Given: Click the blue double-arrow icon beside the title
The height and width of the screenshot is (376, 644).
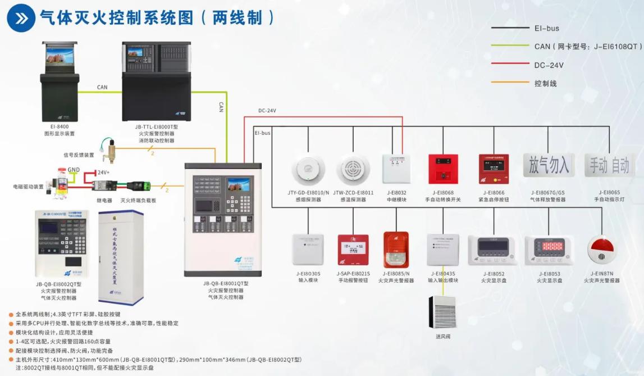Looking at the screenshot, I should click(x=21, y=17).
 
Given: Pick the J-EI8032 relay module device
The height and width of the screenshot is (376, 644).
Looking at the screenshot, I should click(x=396, y=169).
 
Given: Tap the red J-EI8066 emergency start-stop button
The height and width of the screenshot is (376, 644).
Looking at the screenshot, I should click(x=494, y=169).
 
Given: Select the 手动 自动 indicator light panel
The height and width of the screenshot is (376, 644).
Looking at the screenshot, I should click(x=609, y=165).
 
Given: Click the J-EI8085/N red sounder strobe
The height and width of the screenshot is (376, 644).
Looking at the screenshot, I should click(x=395, y=250).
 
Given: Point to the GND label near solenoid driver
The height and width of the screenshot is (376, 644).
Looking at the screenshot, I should click(x=74, y=169).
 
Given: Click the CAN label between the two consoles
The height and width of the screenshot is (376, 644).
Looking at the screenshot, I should click(x=102, y=87).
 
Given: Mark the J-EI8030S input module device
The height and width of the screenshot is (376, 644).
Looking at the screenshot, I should click(x=308, y=250).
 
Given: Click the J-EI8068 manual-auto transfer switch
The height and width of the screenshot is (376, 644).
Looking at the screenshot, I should click(x=443, y=169).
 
